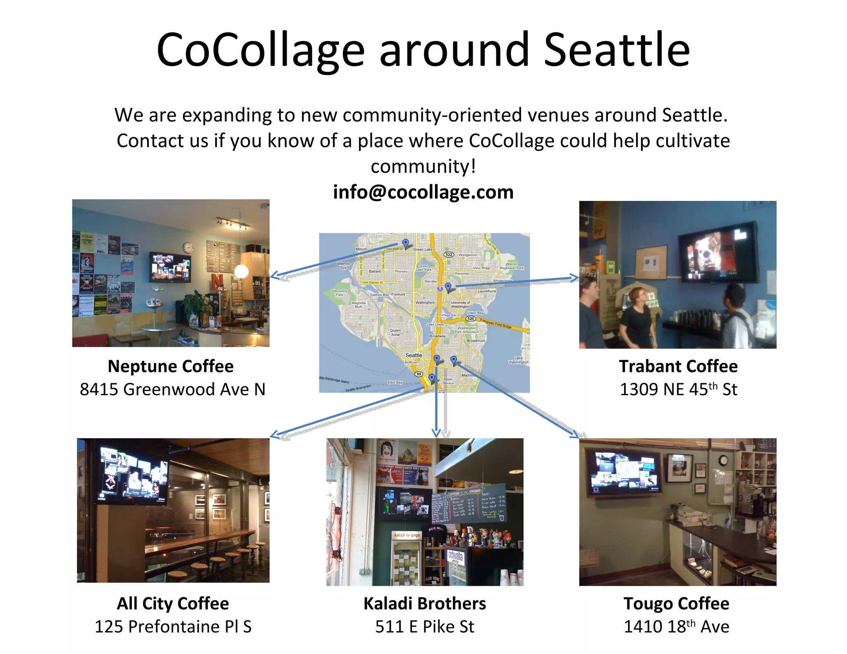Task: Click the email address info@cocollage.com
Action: (423, 192)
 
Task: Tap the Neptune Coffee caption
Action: (170, 366)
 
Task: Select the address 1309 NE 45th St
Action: (678, 389)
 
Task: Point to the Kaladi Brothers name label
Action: (425, 604)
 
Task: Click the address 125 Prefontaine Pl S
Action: (173, 627)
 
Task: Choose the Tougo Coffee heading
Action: (677, 604)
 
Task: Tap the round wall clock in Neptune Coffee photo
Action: (188, 247)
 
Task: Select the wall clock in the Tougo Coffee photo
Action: (723, 460)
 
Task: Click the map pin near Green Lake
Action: (405, 243)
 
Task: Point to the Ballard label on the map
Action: (375, 272)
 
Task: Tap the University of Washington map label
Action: (460, 304)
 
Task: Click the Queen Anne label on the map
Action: (395, 332)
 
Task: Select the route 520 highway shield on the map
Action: (471, 319)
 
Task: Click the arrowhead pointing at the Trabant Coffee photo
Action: (574, 278)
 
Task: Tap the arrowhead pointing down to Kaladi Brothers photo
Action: (436, 433)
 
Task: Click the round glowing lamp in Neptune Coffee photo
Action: (241, 271)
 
